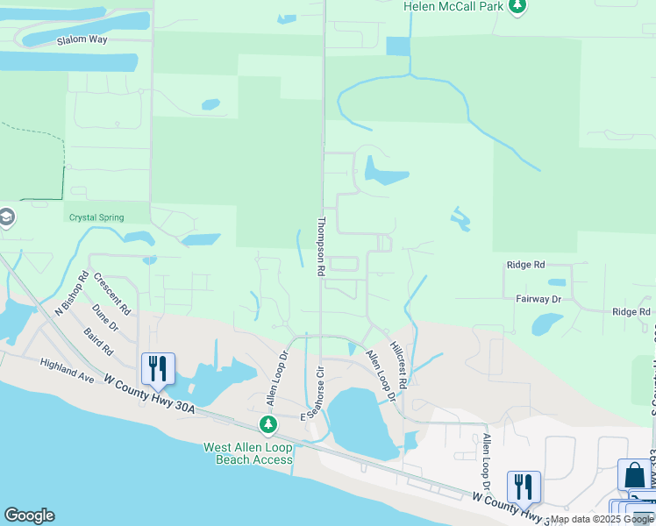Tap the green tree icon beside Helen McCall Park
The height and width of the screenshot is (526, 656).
[518, 7]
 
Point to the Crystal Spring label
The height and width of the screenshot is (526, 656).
[95, 217]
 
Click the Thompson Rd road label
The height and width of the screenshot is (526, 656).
[322, 247]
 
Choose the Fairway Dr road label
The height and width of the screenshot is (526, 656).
[538, 299]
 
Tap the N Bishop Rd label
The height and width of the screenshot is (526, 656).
[72, 294]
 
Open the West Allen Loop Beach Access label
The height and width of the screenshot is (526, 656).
[248, 452]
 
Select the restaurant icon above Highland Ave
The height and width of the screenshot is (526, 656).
[158, 368]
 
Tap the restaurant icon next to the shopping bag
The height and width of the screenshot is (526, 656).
[524, 487]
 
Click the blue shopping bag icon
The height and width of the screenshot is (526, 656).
[634, 475]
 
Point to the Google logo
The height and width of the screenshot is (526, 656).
[29, 515]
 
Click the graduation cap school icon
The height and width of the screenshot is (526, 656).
[5, 217]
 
